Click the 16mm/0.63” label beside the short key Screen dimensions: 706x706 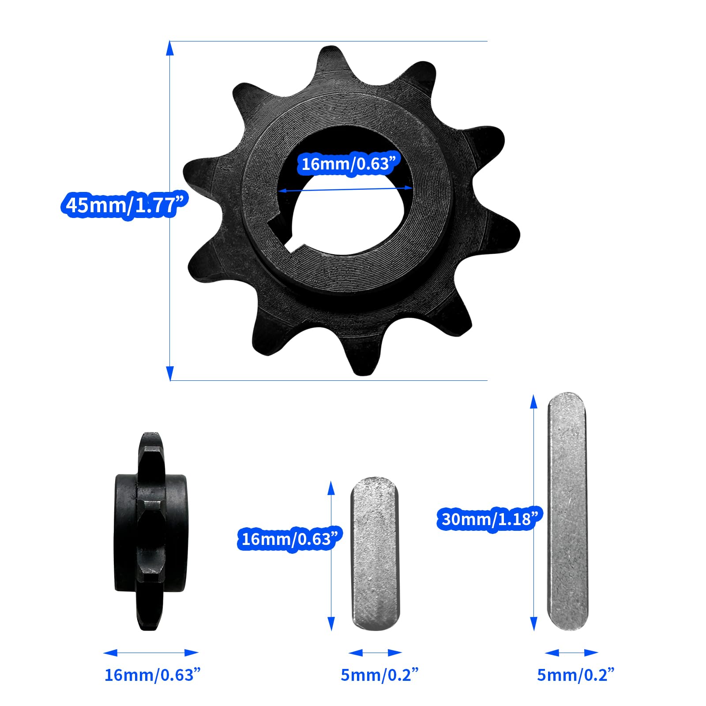[x=290, y=539]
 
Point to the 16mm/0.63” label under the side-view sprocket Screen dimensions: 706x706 [x=152, y=675]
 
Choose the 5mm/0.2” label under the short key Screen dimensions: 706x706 [x=379, y=675]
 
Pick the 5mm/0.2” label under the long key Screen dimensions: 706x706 [x=575, y=675]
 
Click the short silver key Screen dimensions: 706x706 [x=375, y=554]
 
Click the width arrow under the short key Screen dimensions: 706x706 [x=375, y=653]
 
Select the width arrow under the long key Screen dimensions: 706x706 [x=571, y=653]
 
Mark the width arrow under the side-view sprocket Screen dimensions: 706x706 [x=151, y=653]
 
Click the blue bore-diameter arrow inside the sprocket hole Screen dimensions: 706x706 [x=346, y=189]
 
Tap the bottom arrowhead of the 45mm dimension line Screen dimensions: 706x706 [x=170, y=373]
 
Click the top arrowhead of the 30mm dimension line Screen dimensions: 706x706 [x=533, y=402]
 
